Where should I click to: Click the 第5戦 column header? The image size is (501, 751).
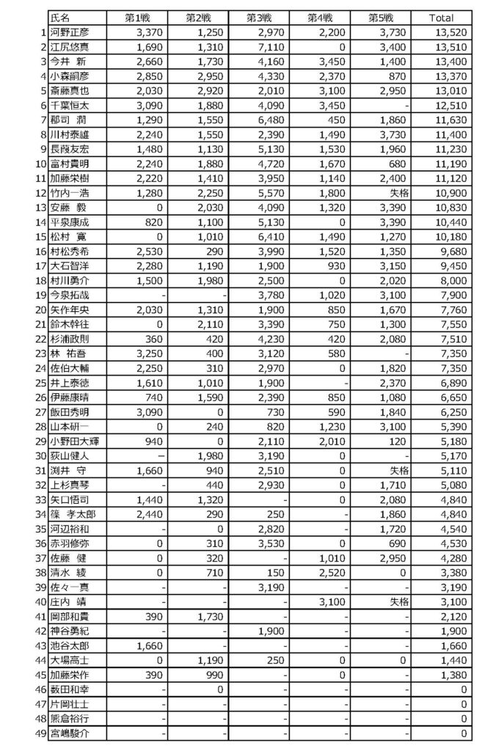pyautogui.click(x=382, y=18)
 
